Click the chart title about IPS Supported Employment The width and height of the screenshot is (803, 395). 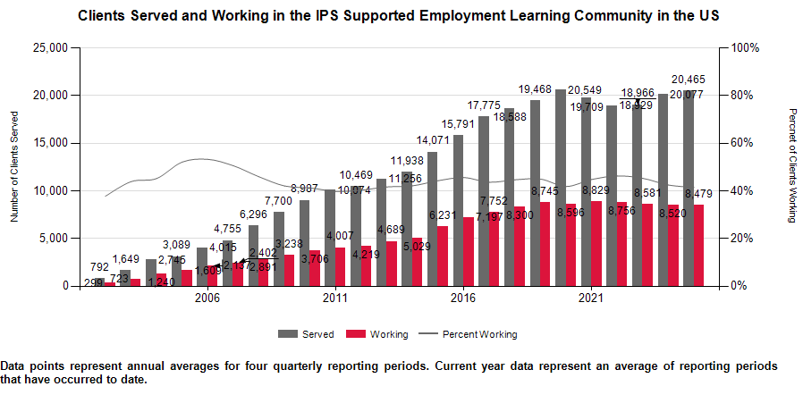tap(399, 16)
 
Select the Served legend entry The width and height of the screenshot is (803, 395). tap(318, 334)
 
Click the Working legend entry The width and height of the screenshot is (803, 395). tap(390, 334)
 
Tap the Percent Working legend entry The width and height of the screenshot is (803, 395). tap(479, 334)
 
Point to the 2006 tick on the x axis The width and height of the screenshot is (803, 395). tap(207, 298)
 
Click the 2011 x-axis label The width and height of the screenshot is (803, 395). tap(335, 298)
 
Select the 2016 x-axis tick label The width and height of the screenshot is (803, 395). tap(462, 298)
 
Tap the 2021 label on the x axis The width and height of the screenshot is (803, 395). tap(590, 298)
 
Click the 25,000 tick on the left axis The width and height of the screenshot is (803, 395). tap(51, 47)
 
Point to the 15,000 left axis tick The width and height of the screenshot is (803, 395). tap(51, 143)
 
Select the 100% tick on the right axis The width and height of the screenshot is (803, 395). tap(746, 47)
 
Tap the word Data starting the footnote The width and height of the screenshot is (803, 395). tap(13, 366)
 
